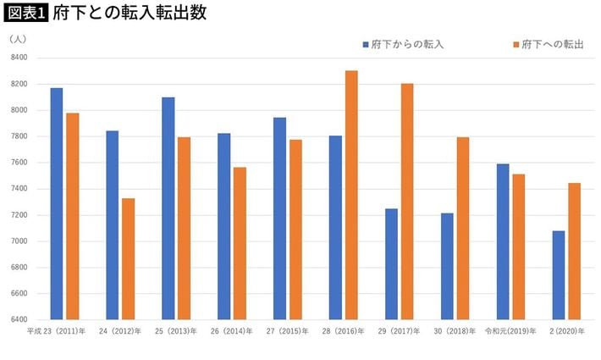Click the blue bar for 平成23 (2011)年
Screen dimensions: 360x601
point(56,203)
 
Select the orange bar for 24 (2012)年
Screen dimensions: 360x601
point(128,258)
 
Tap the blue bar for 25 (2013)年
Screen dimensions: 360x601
point(168,208)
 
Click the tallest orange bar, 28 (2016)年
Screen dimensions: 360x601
point(351,195)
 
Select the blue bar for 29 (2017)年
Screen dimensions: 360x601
point(391,263)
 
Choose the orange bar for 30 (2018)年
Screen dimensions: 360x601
point(463,228)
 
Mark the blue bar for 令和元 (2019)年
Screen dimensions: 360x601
point(503,241)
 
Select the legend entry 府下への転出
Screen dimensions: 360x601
point(549,43)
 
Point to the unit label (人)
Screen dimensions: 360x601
point(19,39)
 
